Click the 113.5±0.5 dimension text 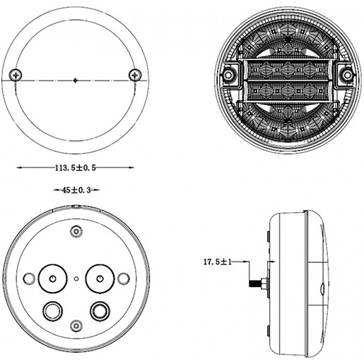point(75,168)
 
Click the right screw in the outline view point(134,75)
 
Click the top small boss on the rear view point(76,231)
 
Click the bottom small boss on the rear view point(76,327)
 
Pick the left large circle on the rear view point(52,278)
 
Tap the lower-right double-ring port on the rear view point(98,309)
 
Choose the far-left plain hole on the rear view point(29,278)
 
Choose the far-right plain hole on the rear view point(122,278)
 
